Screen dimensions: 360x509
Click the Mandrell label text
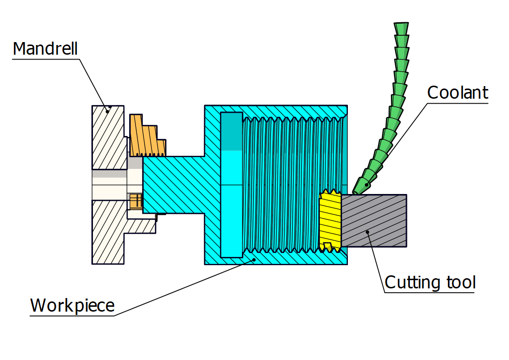(x=45, y=49)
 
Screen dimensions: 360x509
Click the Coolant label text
(x=458, y=92)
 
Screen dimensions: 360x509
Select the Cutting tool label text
(x=430, y=282)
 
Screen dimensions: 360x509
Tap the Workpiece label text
(x=73, y=305)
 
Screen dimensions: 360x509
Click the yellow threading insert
(x=330, y=220)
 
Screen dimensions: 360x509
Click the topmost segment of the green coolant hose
(x=401, y=29)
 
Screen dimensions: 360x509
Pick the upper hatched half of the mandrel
(x=107, y=138)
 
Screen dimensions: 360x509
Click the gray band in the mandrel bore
(x=109, y=174)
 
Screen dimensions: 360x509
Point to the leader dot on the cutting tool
(x=368, y=232)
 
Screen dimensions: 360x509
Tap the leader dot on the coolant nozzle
(x=367, y=184)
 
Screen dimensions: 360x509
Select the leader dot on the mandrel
(x=109, y=107)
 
